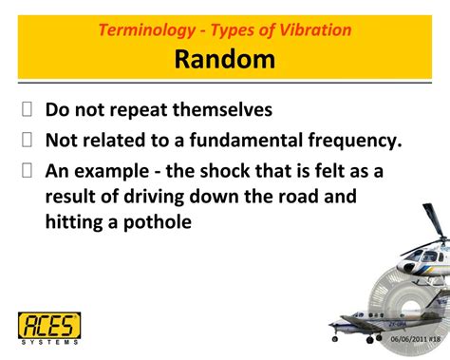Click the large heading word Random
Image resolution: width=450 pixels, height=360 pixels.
(x=224, y=60)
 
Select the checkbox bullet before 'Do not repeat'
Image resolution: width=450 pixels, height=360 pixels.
(x=28, y=109)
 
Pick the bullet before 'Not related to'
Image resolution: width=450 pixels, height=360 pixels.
(x=28, y=141)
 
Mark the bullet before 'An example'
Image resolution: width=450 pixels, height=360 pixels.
(x=28, y=172)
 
